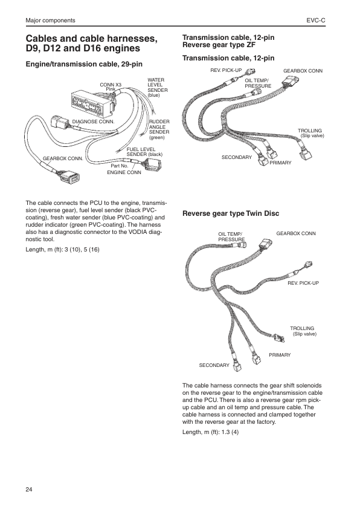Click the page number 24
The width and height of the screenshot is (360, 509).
point(29,490)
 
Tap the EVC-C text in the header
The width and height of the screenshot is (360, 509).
point(316,21)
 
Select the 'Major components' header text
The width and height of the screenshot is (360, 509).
point(50,21)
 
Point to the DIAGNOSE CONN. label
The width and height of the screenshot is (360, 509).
point(94,122)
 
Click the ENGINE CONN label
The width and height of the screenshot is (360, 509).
point(124,172)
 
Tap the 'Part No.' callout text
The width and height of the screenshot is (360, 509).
point(120,166)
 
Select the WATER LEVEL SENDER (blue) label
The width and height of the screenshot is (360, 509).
point(158,88)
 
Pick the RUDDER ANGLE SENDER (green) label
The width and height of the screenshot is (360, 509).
point(159,129)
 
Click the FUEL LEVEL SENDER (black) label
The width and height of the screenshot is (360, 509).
point(144,152)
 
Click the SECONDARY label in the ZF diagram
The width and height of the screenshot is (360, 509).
point(237,157)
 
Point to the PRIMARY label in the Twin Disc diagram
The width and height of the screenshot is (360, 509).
point(280,355)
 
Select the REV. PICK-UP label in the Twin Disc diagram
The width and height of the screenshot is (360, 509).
point(303,283)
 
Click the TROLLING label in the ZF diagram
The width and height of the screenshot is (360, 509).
point(310,131)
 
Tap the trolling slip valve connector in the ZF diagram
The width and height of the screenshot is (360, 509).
point(305,152)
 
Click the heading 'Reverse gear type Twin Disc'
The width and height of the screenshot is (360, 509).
point(231,213)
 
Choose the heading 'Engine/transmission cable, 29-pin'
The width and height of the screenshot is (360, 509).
point(84,64)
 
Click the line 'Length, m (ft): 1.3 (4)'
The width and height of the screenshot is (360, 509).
point(210,432)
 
